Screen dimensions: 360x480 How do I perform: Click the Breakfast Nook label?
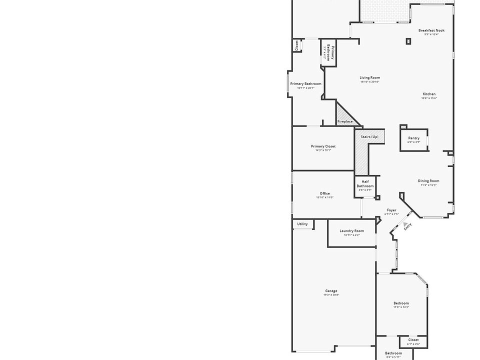pos(431,30)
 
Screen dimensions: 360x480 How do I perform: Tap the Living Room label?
pos(369,77)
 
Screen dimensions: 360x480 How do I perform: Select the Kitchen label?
pos(429,94)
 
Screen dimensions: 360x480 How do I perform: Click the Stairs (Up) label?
pos(369,136)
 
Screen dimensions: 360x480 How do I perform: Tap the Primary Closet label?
pos(323,146)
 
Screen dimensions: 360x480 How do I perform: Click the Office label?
pos(324,193)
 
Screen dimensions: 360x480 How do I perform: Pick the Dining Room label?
pos(428,181)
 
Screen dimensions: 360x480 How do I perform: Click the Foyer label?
pos(391,210)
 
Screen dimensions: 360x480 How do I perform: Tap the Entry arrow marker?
pos(406,225)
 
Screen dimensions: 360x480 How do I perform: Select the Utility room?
pos(303,224)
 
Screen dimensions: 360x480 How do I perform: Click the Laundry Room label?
pos(351,231)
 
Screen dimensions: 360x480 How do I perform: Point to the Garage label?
pos(331,291)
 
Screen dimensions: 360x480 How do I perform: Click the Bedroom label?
pos(401,303)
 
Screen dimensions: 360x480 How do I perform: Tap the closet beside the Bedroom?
pos(413,341)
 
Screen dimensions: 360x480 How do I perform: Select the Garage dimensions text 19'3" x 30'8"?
pos(331,295)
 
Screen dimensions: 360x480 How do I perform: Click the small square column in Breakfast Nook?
pos(408,41)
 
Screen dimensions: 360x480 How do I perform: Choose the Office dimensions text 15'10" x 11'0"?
pos(324,197)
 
